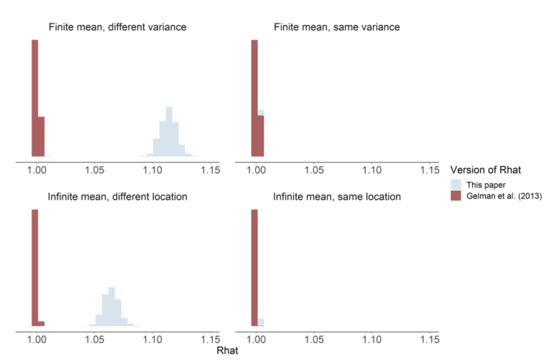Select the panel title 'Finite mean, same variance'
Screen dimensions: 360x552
coord(337,28)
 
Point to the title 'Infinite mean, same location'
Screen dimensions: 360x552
coord(337,196)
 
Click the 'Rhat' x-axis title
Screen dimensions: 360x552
coord(226,351)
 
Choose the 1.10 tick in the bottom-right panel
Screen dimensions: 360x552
coord(372,339)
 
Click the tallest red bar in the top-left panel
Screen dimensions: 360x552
coord(34,97)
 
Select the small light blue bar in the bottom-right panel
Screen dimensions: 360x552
coord(261,323)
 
